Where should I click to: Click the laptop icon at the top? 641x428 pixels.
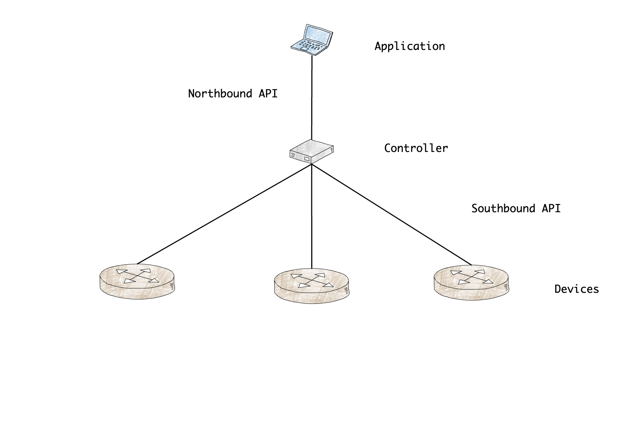(x=312, y=40)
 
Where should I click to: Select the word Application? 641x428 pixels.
(x=410, y=46)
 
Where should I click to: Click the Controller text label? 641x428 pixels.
(x=416, y=148)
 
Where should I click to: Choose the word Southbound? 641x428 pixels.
(x=503, y=209)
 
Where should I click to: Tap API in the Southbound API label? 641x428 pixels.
(x=551, y=209)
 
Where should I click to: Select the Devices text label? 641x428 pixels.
(x=577, y=289)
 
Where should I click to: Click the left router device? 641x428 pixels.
(x=137, y=282)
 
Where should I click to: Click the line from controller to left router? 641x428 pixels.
(x=224, y=214)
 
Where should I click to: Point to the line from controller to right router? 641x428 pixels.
(x=392, y=214)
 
